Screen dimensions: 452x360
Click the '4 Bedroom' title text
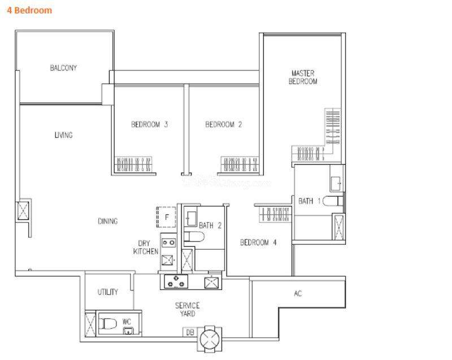[29, 10]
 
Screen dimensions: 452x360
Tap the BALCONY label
[63, 68]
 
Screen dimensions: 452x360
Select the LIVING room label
[63, 135]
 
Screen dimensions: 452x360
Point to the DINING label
[108, 221]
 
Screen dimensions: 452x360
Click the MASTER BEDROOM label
[303, 77]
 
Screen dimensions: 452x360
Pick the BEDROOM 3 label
[149, 124]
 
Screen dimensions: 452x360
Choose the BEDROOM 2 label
[223, 124]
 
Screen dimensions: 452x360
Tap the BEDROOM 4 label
[258, 242]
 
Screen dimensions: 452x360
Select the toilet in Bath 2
[194, 237]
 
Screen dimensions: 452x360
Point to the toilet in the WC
[107, 323]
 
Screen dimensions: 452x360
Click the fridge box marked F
[166, 217]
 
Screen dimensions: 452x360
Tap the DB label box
[190, 332]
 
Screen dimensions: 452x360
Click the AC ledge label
[298, 293]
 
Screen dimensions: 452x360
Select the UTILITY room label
[107, 292]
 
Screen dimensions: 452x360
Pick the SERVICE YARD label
[188, 309]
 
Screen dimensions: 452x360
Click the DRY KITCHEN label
[146, 248]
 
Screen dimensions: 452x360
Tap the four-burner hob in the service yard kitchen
[176, 281]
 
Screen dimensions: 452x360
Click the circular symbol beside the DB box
[210, 339]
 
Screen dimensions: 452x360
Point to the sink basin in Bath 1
[336, 183]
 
